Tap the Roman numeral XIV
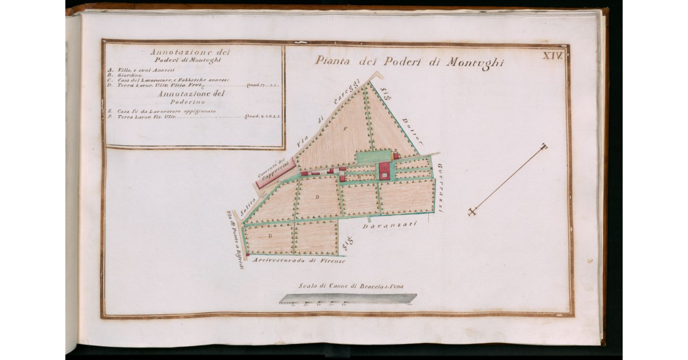[x=553, y=55]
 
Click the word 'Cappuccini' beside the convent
[x=273, y=174]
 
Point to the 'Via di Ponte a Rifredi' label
[x=234, y=240]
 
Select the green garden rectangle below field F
[x=374, y=156]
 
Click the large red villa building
[x=384, y=170]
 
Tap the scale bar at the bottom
[x=347, y=298]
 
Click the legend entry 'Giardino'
[x=129, y=75]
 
